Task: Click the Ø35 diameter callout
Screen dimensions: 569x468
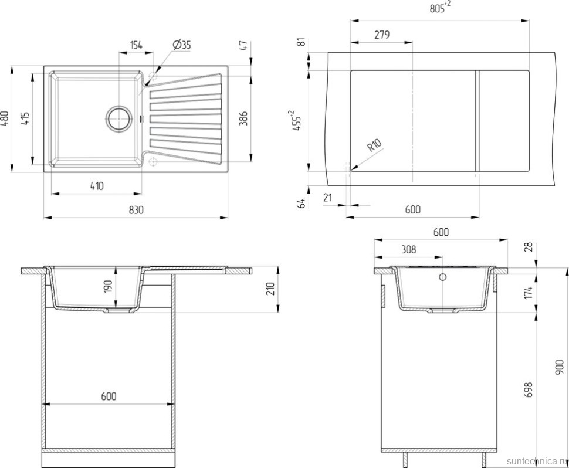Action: [182, 45]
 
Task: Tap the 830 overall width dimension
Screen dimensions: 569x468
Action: [136, 210]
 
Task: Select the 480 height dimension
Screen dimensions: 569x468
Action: [5, 118]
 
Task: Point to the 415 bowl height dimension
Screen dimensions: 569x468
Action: [25, 118]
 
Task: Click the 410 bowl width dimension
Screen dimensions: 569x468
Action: [97, 186]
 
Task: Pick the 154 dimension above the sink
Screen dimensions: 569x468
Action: [137, 45]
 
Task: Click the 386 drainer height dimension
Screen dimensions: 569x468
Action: [243, 118]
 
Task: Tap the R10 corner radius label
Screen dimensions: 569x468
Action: [374, 145]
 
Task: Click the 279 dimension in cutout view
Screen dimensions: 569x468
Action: [382, 35]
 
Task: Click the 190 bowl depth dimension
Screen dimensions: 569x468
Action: [108, 287]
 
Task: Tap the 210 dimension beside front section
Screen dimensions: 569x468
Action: [270, 289]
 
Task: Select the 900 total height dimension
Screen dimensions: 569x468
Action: [560, 367]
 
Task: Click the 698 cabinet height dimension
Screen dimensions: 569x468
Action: [529, 389]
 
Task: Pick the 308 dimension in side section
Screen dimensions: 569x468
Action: [409, 250]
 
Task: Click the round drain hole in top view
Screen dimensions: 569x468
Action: [118, 118]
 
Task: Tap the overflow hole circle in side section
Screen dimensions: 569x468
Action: [442, 277]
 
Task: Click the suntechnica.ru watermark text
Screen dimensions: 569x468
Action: [536, 461]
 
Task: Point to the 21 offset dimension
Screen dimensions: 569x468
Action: [328, 198]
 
